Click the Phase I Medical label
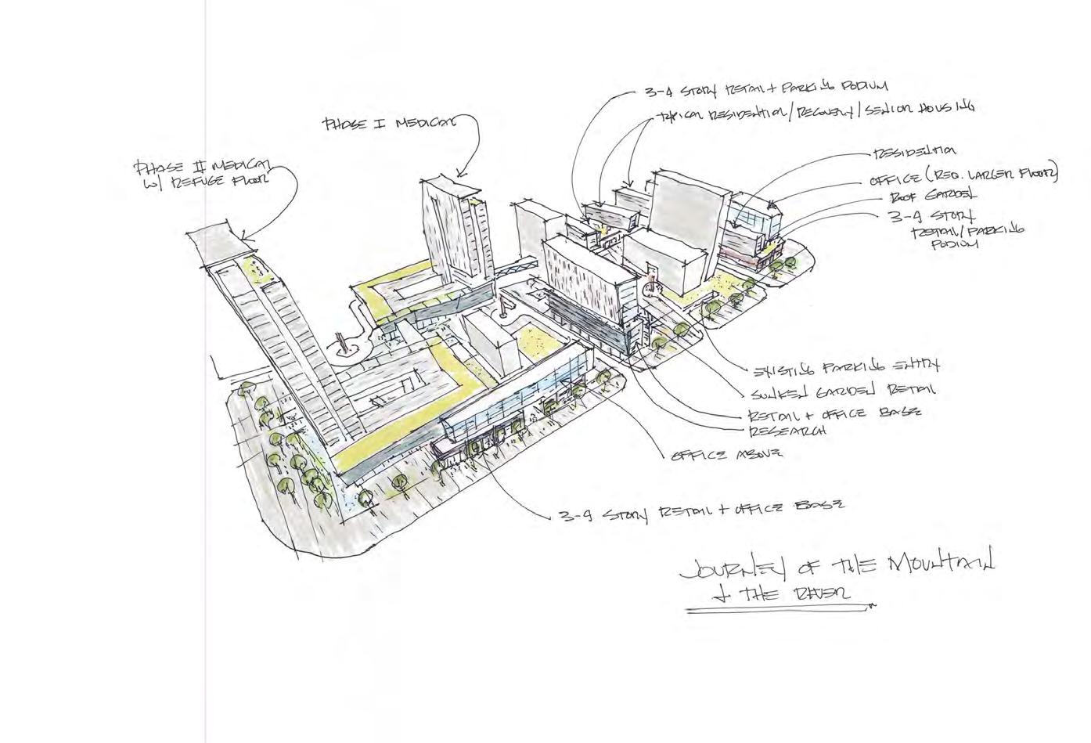click(x=388, y=123)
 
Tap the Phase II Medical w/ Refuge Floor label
click(x=202, y=174)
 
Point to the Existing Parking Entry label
click(x=846, y=366)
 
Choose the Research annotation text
click(x=788, y=431)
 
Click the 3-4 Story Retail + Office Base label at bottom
click(x=700, y=510)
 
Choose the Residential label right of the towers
click(x=913, y=151)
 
